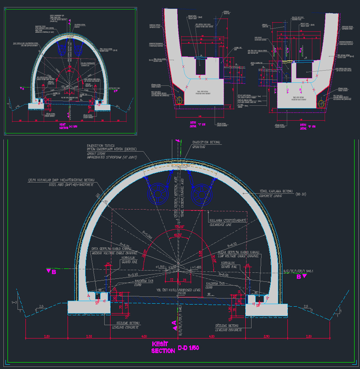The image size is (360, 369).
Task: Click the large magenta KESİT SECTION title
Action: click(x=162, y=348)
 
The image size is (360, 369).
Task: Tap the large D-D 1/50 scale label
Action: click(x=189, y=348)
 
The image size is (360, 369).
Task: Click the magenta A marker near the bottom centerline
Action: click(x=174, y=322)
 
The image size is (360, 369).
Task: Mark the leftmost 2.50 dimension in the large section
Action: click(x=46, y=337)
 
